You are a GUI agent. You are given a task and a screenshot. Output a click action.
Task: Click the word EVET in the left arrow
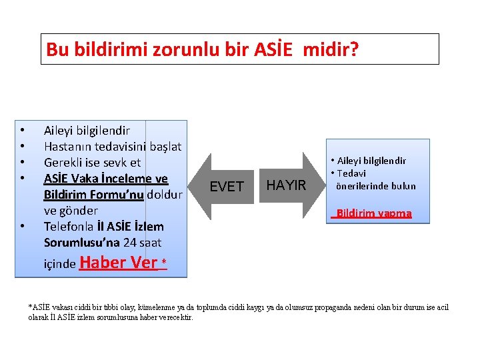[x=227, y=187]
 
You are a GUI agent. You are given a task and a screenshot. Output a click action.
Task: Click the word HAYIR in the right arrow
[x=285, y=185]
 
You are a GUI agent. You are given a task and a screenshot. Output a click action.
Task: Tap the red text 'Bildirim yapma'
[x=373, y=214]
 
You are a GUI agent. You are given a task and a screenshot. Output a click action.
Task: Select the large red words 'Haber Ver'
[x=118, y=262]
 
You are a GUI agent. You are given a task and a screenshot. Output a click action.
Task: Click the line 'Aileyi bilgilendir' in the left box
[x=87, y=131]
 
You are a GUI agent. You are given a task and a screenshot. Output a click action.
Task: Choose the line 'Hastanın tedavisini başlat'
[x=113, y=146]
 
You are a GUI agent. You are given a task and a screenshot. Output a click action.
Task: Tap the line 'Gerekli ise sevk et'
[x=92, y=162]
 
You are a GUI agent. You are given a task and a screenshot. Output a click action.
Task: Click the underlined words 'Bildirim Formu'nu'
[x=93, y=195]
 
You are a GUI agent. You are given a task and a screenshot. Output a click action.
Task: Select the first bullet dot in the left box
[x=23, y=131]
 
